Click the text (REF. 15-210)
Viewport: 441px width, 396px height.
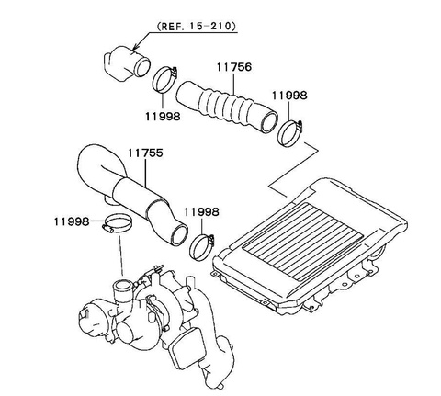point(197,26)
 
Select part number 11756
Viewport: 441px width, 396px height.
point(234,67)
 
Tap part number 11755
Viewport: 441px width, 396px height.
point(145,153)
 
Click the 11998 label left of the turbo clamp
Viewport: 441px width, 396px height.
point(72,221)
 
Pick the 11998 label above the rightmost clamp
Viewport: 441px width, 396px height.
point(289,96)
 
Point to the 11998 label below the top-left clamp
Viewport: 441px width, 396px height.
point(163,116)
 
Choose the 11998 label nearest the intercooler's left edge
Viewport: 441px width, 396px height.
point(201,212)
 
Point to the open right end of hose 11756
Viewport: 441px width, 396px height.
point(269,121)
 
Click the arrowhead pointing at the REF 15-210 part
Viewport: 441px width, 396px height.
point(135,47)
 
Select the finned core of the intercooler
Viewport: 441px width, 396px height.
point(304,241)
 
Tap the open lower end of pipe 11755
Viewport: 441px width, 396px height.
point(179,233)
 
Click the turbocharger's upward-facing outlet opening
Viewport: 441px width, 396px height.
point(123,286)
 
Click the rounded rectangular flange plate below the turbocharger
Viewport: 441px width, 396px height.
point(187,348)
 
